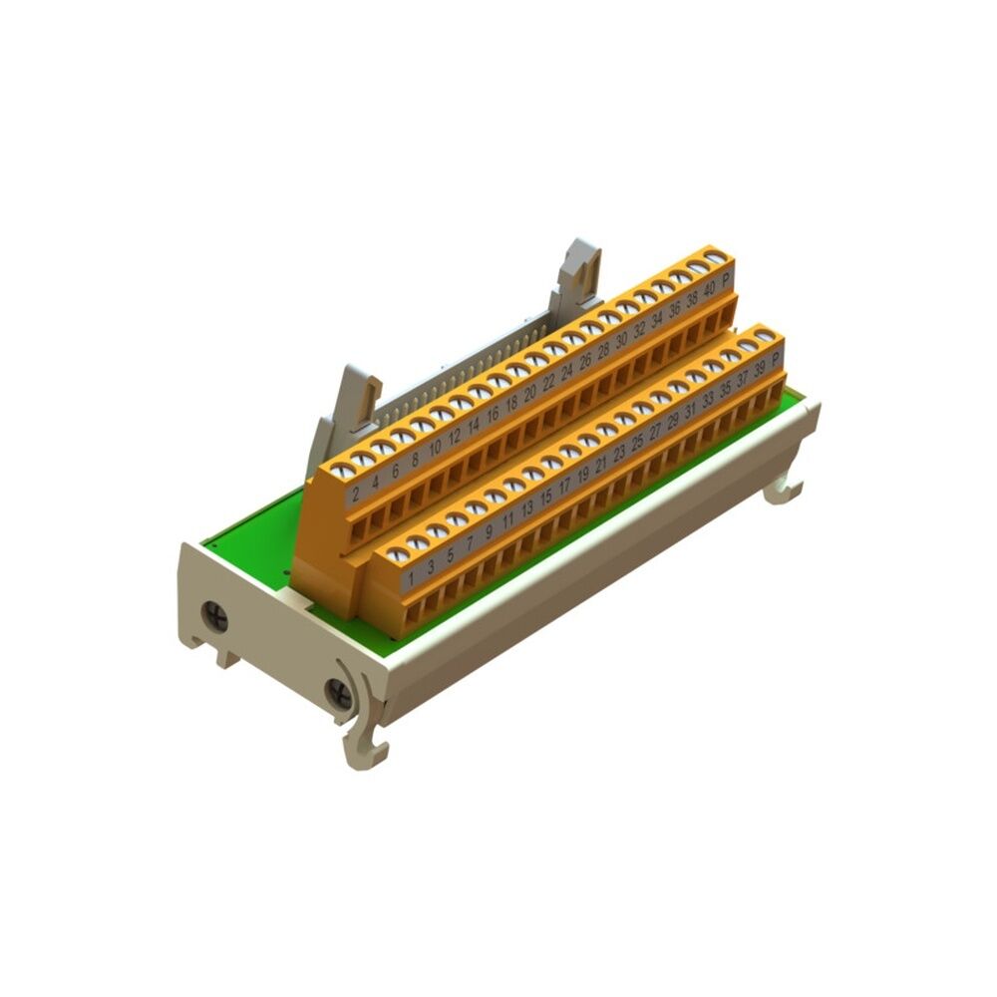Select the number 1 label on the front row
tap(411, 576)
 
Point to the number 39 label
tap(760, 370)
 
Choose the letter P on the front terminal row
tap(776, 360)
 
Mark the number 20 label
tap(530, 392)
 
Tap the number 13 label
tap(526, 506)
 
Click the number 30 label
tap(621, 340)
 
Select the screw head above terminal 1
tap(398, 554)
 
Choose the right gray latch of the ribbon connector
tap(581, 271)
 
